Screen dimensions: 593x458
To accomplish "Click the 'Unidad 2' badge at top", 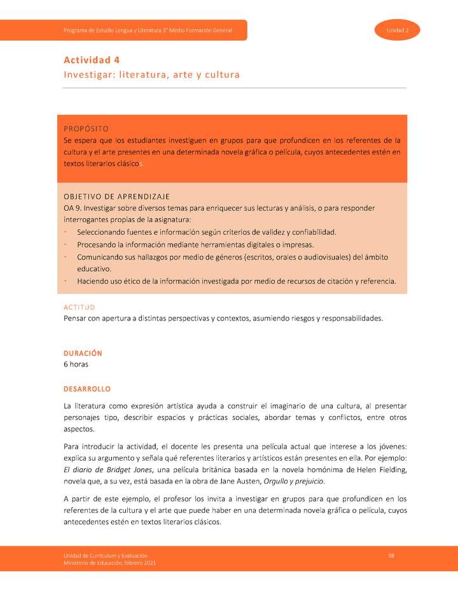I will click(398, 31).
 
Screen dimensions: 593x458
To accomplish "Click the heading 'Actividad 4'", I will click(92, 60).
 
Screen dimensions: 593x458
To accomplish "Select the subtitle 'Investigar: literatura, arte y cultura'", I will click(151, 75).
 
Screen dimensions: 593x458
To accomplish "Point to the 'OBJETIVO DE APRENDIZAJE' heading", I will click(116, 196).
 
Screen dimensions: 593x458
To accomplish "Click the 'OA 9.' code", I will click(73, 208).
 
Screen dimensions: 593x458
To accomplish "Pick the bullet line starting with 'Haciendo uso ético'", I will click(236, 281).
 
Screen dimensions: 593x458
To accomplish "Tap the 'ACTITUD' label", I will click(79, 307).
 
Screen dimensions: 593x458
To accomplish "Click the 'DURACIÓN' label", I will click(83, 353).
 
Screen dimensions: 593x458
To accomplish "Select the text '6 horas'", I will click(76, 365).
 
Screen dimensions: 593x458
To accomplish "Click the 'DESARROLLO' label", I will click(87, 389).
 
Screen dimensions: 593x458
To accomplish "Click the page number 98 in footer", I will click(391, 556).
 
